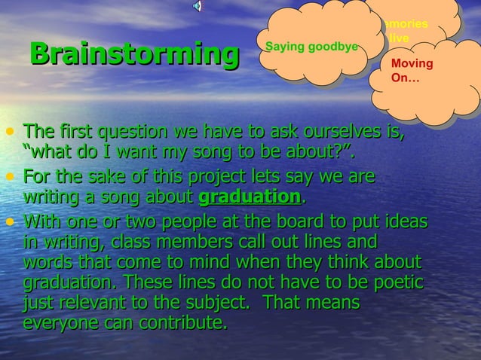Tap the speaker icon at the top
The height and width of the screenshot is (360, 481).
198,6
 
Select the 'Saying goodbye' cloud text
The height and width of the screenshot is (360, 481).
311,47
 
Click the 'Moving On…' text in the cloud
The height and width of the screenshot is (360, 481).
412,70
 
